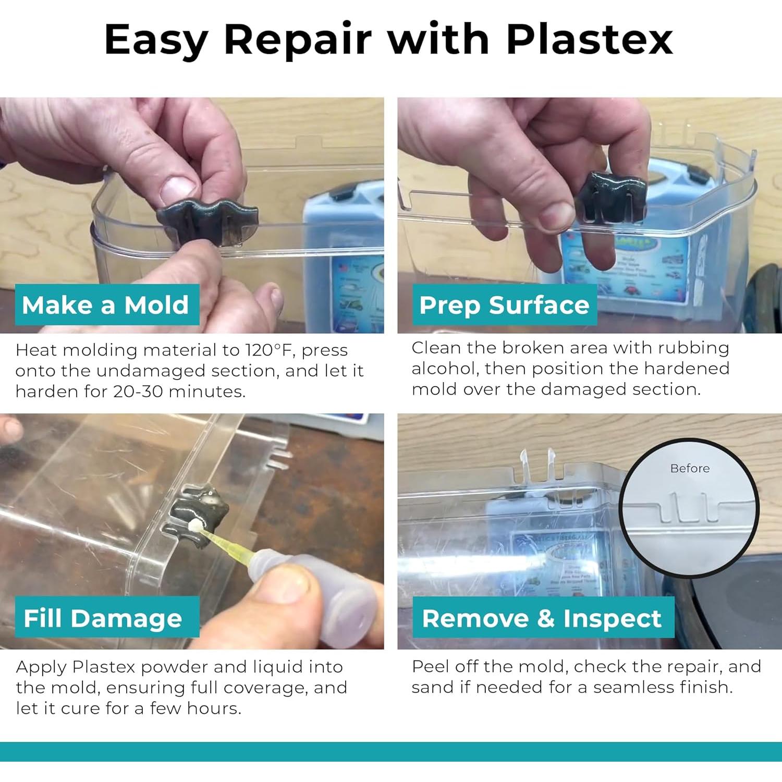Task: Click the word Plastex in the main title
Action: (x=589, y=40)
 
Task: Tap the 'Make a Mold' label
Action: (x=106, y=305)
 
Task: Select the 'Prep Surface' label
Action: (x=504, y=305)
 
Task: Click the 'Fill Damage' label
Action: (x=103, y=618)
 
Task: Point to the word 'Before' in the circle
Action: (x=689, y=468)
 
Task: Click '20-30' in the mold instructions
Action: (x=138, y=392)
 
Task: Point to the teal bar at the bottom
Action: (x=391, y=751)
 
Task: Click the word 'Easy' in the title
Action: (x=156, y=40)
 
